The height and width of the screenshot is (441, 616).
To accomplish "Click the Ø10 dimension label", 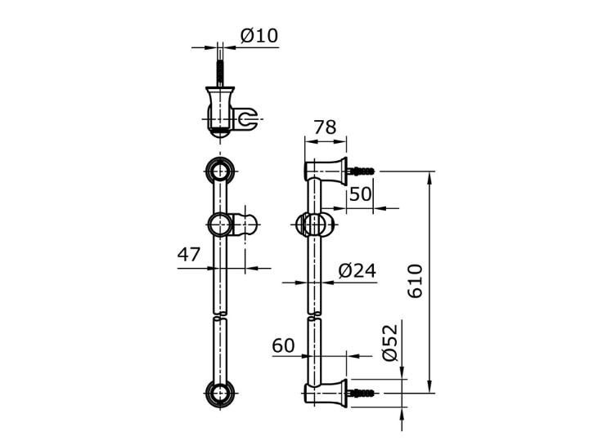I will coord(259,36).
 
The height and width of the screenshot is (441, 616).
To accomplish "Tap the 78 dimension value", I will coord(325,127).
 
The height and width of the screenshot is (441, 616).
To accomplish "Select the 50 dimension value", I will coord(360,194).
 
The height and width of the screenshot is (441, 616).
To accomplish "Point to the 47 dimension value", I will coord(189,255).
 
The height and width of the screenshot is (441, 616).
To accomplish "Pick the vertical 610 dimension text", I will coord(416,280).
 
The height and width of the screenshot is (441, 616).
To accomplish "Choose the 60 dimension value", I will coord(283,346).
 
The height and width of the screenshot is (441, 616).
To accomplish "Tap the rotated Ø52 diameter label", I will coord(389,342).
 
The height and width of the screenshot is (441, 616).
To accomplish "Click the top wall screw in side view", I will coord(362,171).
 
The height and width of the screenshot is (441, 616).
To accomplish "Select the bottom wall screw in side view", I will coord(362,393).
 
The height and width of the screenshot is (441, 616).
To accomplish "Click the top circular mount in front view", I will coord(219,171).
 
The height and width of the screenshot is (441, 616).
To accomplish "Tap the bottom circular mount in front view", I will coord(219,394).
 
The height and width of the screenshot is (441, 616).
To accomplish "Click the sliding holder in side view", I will coord(315,224).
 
